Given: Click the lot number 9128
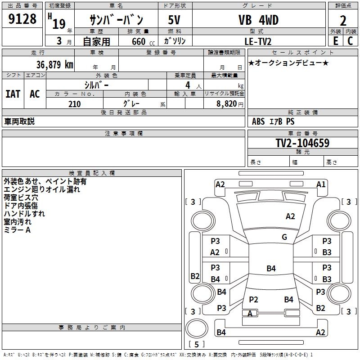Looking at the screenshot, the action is click(22, 19).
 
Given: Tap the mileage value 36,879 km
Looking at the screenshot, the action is click(54, 64).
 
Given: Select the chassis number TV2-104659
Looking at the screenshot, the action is click(302, 143).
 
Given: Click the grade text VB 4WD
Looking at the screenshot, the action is click(258, 20).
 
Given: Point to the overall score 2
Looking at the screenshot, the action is click(343, 21).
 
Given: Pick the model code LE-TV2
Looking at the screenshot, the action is click(258, 41).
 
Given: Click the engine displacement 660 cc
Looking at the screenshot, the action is click(143, 41).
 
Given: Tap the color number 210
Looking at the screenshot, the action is click(74, 104).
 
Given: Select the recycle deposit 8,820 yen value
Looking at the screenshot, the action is click(230, 104).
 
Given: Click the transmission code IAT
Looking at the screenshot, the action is click(13, 94).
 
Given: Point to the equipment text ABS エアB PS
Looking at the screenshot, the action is click(273, 121).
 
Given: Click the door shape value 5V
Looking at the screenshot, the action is click(174, 20).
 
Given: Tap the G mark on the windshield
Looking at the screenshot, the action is click(284, 237).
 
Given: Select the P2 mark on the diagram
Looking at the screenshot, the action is click(253, 299).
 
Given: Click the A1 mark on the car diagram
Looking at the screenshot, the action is click(321, 184).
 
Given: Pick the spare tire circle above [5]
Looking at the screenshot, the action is click(197, 328).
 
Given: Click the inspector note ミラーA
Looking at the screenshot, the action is click(17, 230).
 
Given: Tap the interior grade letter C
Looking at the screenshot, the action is click(350, 41).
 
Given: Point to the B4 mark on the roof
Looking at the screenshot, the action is click(271, 268).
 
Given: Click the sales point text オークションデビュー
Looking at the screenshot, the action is click(288, 63).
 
